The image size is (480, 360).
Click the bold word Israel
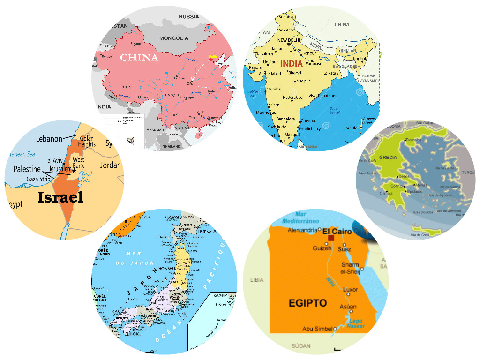[60, 198]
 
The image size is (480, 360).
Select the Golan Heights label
[87, 141]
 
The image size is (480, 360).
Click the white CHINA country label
[139, 58]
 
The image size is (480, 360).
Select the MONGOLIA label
[173, 38]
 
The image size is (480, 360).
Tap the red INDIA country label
[291, 64]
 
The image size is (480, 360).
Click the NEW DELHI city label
[289, 40]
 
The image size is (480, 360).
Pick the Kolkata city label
[330, 73]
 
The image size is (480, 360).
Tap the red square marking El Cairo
[331, 238]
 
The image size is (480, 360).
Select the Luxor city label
[350, 290]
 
